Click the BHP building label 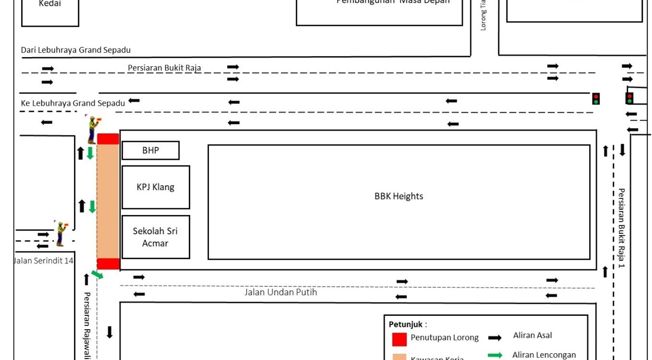[x=150, y=150]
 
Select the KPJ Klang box [x=156, y=187]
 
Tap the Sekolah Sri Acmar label [x=156, y=237]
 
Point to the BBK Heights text [x=398, y=196]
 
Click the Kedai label [x=50, y=4]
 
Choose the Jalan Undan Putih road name [x=281, y=292]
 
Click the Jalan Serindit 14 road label [x=43, y=261]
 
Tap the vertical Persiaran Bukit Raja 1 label [x=621, y=228]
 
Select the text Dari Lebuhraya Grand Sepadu [x=76, y=50]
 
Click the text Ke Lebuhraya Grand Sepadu [x=73, y=103]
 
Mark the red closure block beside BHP [x=108, y=139]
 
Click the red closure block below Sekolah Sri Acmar [x=108, y=264]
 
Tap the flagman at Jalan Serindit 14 [x=61, y=234]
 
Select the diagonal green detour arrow [x=97, y=275]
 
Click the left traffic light [x=596, y=98]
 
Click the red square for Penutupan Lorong [x=399, y=339]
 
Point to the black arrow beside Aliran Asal [x=495, y=338]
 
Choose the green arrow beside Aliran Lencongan [x=495, y=355]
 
